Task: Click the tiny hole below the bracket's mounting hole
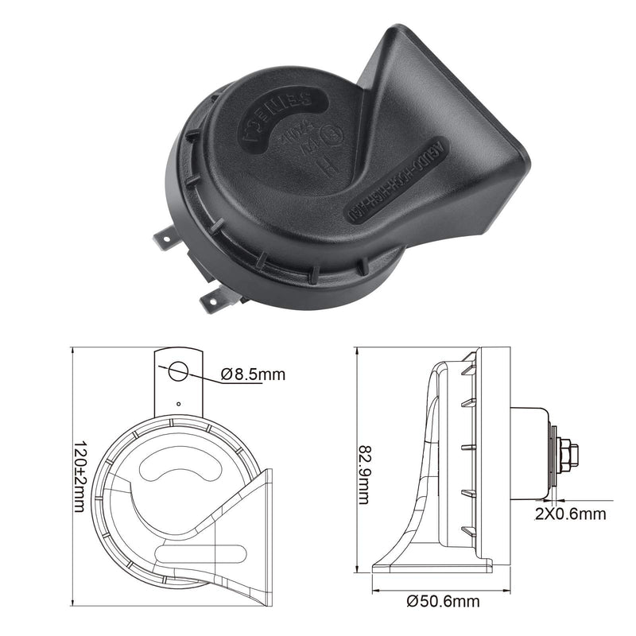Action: (179, 403)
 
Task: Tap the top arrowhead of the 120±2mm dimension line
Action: (72, 351)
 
